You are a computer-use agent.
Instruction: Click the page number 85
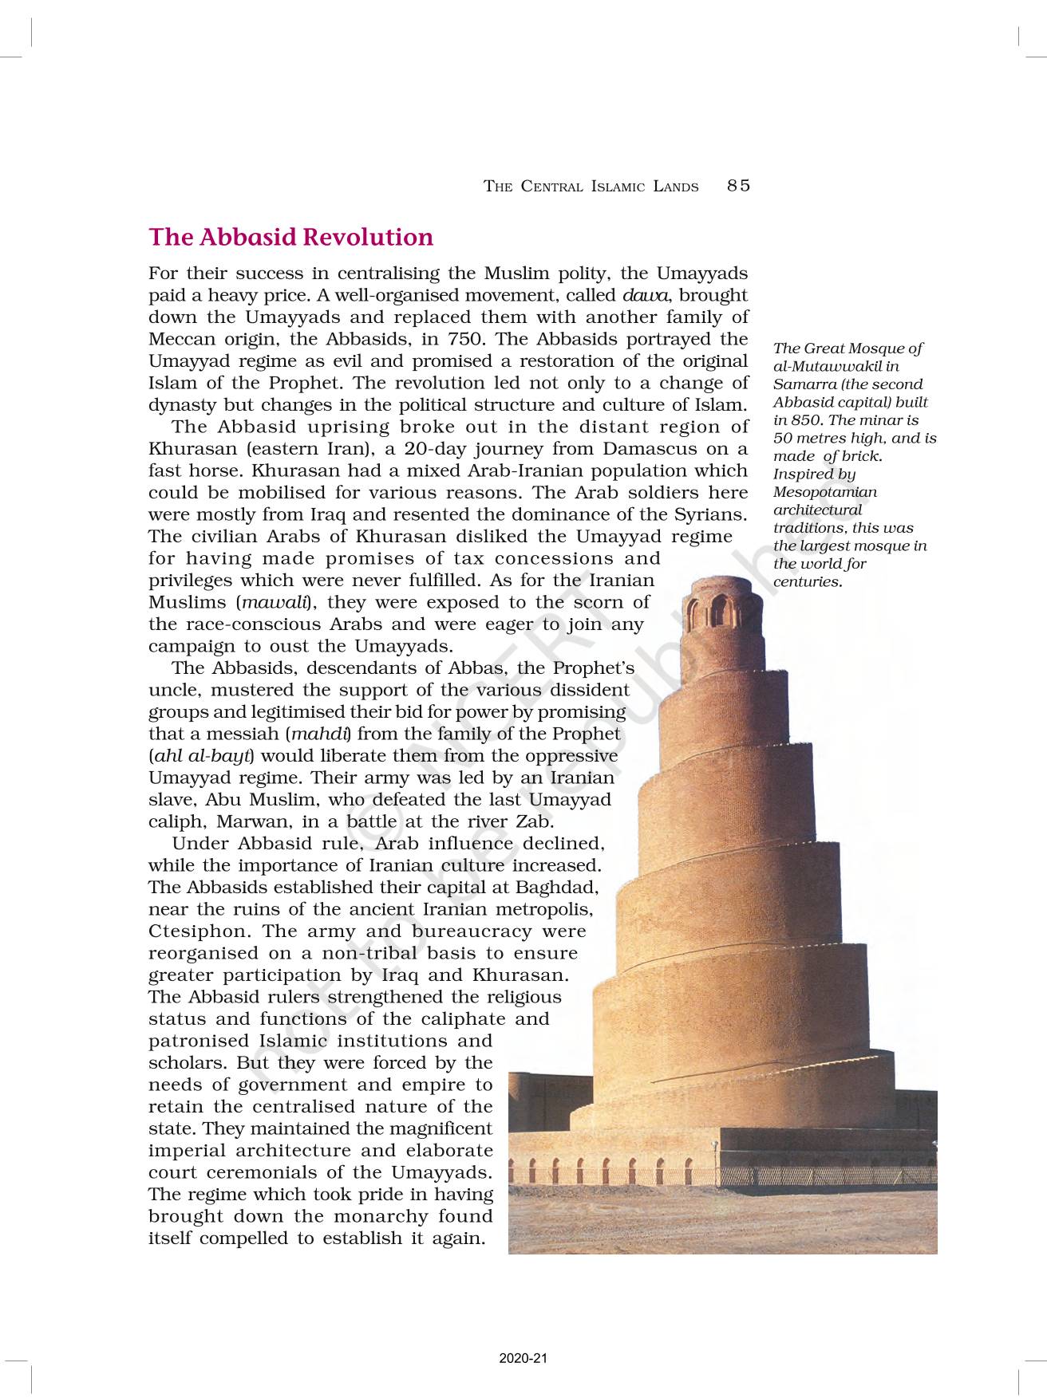(x=738, y=186)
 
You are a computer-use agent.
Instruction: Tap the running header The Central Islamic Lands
(x=591, y=187)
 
